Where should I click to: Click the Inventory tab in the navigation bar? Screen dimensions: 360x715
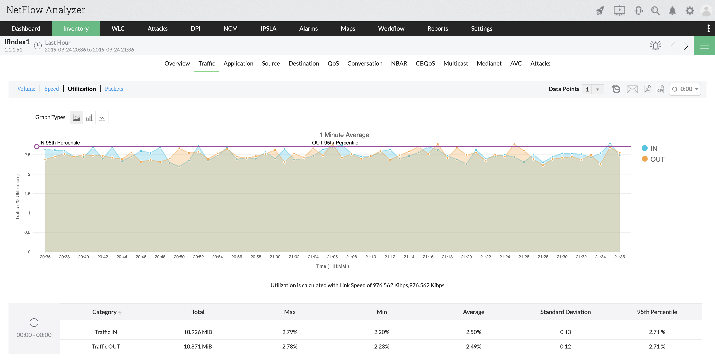76,29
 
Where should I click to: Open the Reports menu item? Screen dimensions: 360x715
438,29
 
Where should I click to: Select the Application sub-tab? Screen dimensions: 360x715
238,64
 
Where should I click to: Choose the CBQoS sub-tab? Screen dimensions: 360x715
425,64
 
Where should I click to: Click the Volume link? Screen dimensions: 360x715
26,89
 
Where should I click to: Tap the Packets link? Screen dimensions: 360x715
114,89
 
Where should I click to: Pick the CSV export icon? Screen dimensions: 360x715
660,89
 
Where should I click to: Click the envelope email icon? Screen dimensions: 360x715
632,89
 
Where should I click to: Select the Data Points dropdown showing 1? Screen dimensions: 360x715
593,89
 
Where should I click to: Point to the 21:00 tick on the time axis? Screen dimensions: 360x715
275,257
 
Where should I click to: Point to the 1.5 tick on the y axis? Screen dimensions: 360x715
27,194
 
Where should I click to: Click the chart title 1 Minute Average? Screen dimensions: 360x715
344,135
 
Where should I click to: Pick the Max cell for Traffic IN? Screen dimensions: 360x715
289,332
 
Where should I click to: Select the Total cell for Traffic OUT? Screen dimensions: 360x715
198,346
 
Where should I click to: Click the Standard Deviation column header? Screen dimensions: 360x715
565,312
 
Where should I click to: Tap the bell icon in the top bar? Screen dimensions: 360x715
672,11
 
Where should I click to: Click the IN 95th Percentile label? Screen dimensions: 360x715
59,143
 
